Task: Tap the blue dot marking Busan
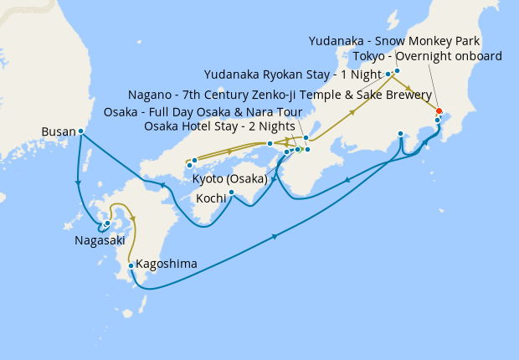coord(80,131)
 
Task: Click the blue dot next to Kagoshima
coord(131,266)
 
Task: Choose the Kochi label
coord(210,198)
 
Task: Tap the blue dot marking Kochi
coord(231,193)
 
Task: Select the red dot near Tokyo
coord(439,111)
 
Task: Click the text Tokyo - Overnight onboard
coord(428,57)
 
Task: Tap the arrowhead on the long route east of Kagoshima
coord(275,239)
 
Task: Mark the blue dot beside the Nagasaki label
coord(107,223)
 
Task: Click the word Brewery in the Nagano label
coord(406,95)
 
